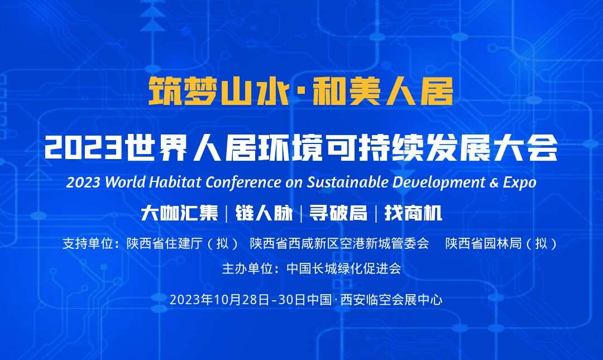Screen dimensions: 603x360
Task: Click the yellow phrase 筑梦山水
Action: pos(219,91)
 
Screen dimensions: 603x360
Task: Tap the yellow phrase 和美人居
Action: pos(382,91)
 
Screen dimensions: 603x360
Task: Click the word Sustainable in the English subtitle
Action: pos(347,182)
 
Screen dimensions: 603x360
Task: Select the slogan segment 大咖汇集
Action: pos(179,213)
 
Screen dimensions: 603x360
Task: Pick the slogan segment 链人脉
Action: pos(264,213)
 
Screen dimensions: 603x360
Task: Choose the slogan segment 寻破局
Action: pos(338,213)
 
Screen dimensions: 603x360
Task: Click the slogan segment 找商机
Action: pos(413,213)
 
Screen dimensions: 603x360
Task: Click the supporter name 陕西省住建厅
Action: pos(165,243)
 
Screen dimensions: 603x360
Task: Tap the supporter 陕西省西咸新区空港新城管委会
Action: pos(339,243)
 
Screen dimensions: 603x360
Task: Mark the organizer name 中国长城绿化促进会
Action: pos(344,268)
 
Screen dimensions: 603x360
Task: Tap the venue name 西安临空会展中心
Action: pos(391,300)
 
